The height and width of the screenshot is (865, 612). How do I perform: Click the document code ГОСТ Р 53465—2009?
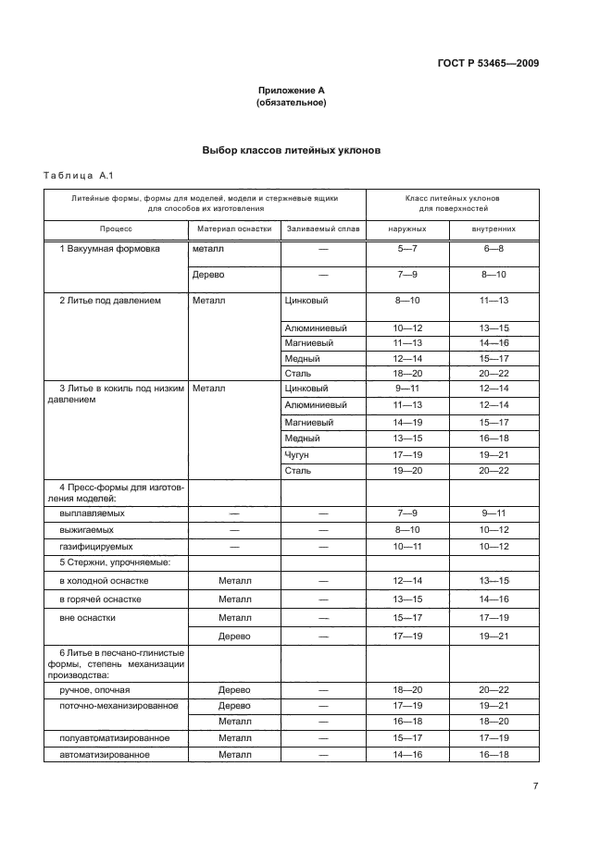[487, 63]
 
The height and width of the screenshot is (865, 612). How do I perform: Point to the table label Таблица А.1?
[78, 176]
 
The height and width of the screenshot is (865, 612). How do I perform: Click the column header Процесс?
[117, 228]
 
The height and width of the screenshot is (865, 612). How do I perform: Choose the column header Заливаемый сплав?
[323, 228]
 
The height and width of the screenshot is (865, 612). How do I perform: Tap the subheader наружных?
[407, 228]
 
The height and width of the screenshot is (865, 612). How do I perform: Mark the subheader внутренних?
[493, 228]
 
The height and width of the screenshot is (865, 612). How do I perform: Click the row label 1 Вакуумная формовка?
[109, 249]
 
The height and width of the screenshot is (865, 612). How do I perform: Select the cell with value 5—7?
[407, 250]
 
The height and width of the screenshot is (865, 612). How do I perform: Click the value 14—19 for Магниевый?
[407, 422]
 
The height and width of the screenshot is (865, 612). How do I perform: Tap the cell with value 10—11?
[407, 546]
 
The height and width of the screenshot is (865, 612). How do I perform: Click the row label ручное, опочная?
[94, 689]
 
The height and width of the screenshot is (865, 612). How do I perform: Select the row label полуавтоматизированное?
[114, 737]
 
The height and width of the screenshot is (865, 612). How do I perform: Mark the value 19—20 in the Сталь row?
[407, 471]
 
